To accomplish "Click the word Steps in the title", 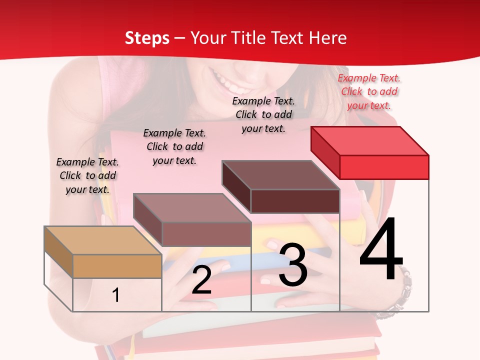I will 147,38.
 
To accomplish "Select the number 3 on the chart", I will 293,264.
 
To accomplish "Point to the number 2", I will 201,280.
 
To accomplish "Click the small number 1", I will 115,295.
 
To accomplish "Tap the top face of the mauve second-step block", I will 192,208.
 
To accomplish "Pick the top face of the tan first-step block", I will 103,240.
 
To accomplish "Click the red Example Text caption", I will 369,91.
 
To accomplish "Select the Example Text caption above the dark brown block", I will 263,114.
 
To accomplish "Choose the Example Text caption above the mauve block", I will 174,146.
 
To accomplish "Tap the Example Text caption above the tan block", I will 87,175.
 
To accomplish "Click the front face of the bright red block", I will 384,167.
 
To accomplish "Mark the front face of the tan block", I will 117,266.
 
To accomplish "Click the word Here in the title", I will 328,38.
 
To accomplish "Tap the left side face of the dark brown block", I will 236,187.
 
